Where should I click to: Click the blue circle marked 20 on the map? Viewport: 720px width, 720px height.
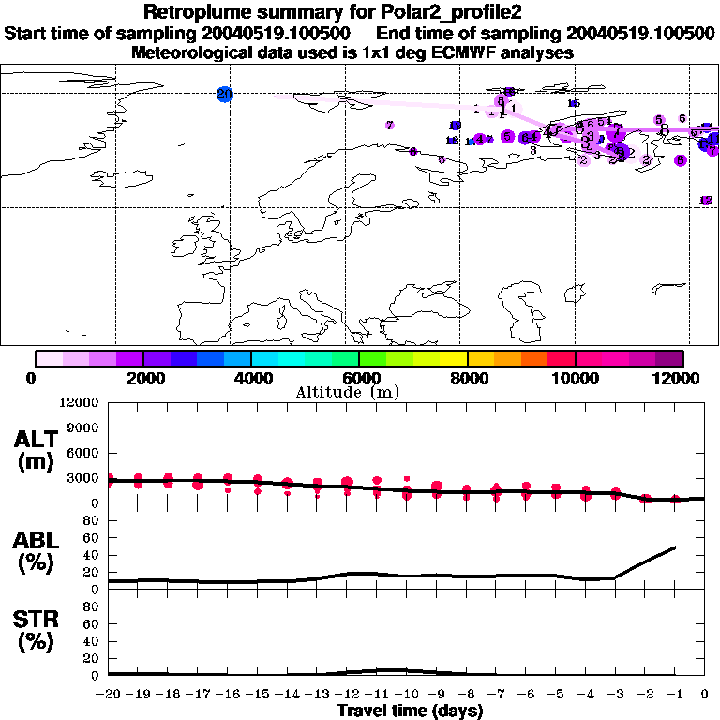click(x=224, y=94)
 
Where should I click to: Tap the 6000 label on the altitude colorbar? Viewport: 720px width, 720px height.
click(x=359, y=378)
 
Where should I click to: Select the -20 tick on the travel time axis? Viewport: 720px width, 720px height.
click(x=109, y=694)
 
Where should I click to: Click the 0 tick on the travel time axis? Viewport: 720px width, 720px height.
click(x=705, y=694)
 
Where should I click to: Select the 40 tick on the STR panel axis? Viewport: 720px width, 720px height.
click(x=91, y=641)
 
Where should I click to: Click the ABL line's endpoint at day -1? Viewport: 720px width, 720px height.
click(x=675, y=547)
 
